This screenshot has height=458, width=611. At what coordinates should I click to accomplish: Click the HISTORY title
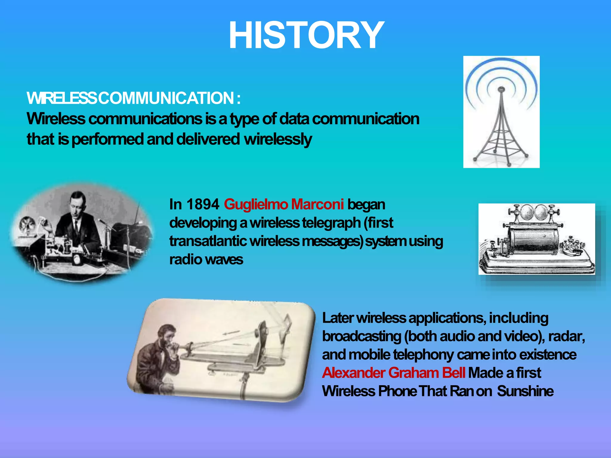tap(306, 35)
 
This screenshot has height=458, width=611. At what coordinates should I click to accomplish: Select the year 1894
tap(203, 205)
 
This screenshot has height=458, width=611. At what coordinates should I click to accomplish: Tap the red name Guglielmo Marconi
tap(284, 205)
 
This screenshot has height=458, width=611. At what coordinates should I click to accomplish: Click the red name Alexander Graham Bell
tap(394, 373)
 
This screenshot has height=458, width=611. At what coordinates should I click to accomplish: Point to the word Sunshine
tap(525, 391)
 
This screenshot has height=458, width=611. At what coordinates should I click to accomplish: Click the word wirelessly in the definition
tap(278, 139)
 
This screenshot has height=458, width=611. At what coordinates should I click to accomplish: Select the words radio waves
tap(206, 259)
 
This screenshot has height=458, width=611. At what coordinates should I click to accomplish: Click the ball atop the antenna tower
tap(502, 89)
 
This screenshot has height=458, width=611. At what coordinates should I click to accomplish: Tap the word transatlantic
tap(208, 241)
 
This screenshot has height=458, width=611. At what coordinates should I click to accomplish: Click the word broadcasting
tap(362, 336)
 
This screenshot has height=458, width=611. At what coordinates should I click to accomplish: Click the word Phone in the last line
tap(397, 391)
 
